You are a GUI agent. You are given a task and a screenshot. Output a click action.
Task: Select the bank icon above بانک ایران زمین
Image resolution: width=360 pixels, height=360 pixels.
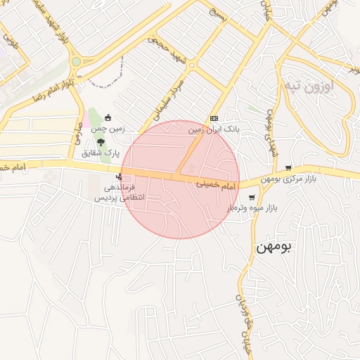(x=214, y=118)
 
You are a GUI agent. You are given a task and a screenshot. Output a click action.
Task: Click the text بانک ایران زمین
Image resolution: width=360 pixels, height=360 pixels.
(x=214, y=130)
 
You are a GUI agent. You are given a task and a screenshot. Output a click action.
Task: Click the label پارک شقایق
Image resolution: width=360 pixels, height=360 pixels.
(x=102, y=153)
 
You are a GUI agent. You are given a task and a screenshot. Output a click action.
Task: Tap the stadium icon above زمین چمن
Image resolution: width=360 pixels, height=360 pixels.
(x=108, y=117)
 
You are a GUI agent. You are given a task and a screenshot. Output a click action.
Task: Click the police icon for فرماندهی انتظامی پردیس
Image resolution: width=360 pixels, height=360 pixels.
(x=124, y=176)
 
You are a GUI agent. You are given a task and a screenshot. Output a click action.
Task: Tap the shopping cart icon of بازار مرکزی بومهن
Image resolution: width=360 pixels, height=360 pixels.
(x=289, y=168)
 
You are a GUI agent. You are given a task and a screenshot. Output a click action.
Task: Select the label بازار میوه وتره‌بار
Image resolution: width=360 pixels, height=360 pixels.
(x=252, y=209)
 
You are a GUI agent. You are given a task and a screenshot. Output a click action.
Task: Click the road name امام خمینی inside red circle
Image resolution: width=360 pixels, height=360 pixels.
(x=212, y=184)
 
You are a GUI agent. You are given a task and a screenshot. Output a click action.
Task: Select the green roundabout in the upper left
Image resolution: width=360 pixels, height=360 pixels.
(x=76, y=61)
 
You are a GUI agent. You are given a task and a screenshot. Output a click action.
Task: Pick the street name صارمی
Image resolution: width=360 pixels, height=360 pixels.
(x=75, y=131)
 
